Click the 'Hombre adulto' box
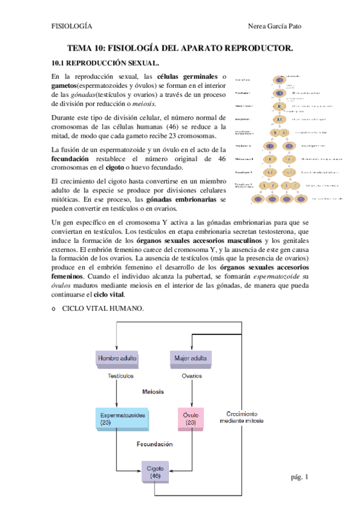pos(117,359)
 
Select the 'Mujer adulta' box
pos(191,359)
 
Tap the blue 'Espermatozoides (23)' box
pos(123,419)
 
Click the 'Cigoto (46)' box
pos(154,472)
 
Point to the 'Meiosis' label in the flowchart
pos(154,392)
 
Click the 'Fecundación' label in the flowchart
pos(154,444)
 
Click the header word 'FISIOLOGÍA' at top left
pos(72,27)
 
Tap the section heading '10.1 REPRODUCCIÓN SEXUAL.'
pos(105,63)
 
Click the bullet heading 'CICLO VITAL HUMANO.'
pos(103,309)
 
